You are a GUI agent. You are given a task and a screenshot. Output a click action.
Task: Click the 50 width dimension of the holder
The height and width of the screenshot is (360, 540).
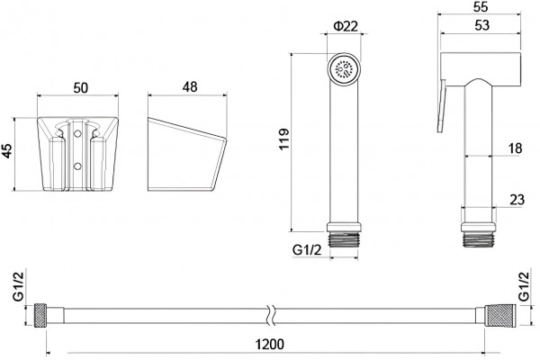(x=81, y=88)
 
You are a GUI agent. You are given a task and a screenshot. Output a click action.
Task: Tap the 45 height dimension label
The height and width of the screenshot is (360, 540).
(x=6, y=150)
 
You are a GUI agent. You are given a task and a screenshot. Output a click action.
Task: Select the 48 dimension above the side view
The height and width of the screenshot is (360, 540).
(x=190, y=86)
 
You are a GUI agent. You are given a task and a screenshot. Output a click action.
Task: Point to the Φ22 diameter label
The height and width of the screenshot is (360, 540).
(x=346, y=26)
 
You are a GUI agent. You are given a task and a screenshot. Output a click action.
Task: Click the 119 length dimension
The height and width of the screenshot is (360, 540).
(x=284, y=139)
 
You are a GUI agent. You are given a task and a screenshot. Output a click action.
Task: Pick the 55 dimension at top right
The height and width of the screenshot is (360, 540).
(x=480, y=7)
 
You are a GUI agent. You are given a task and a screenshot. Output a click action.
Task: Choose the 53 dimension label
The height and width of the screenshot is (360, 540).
(x=481, y=25)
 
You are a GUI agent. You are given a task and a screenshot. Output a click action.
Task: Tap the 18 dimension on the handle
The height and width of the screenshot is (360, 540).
(x=515, y=148)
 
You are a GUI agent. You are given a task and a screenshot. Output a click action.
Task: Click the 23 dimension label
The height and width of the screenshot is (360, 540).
(x=517, y=200)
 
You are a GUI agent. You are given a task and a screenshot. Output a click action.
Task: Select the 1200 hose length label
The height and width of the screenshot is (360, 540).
(x=270, y=344)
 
